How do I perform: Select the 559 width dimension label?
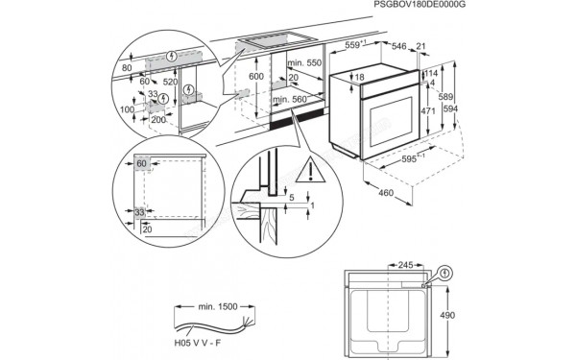[358, 44]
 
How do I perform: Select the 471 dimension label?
[430, 111]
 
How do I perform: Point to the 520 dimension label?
[169, 83]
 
